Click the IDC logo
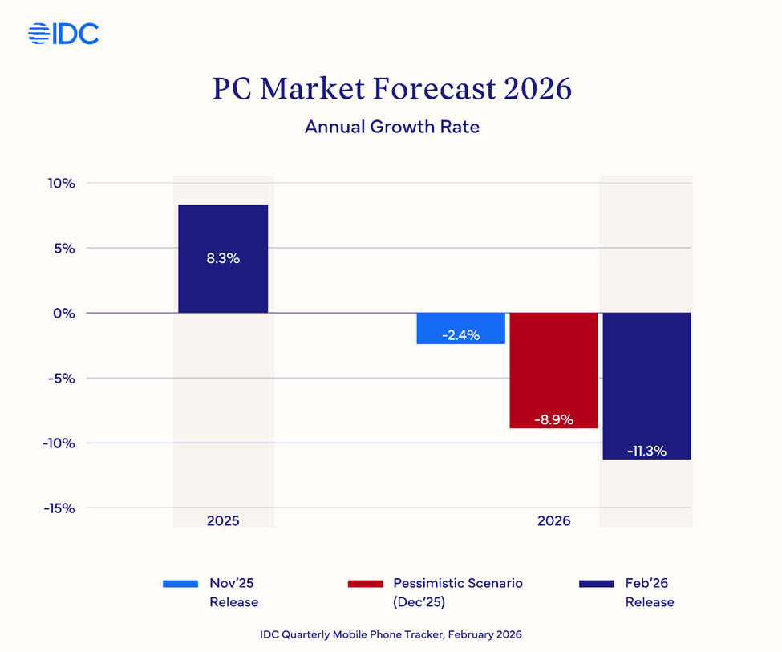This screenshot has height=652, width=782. [63, 34]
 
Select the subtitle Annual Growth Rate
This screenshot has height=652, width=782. [391, 127]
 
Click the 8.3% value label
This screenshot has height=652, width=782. [223, 258]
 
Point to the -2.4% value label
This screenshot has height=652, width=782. [460, 335]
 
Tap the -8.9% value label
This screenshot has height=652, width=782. [553, 419]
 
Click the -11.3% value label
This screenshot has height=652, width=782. [646, 451]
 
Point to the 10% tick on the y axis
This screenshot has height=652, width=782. [59, 183]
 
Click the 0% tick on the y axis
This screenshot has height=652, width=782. [64, 313]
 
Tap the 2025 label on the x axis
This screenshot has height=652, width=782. [223, 520]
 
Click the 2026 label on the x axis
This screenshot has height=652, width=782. [553, 520]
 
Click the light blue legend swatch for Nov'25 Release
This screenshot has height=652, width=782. [180, 584]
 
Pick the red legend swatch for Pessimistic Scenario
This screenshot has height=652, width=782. [365, 584]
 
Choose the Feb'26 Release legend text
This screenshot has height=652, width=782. [649, 593]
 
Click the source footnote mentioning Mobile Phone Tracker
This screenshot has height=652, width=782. [391, 634]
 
